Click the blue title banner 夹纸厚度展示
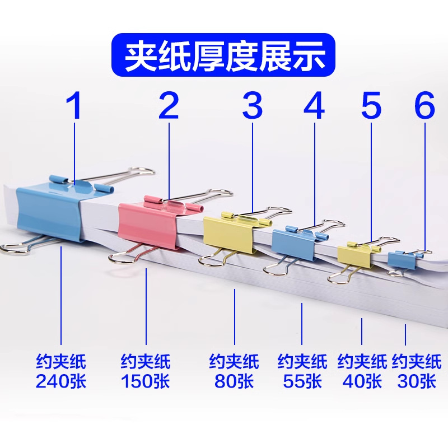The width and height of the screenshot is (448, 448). click(223, 55)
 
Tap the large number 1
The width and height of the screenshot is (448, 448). click(74, 106)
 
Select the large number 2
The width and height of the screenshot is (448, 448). click(169, 106)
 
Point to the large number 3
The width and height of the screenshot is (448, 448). click(253, 106)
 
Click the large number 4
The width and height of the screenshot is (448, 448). click(314, 106)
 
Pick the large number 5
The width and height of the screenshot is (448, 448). click(371, 106)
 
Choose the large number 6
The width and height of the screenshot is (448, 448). click(425, 106)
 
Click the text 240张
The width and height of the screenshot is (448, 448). click(61, 381)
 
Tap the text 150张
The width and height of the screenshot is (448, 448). click(146, 381)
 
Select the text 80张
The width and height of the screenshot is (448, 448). click(234, 381)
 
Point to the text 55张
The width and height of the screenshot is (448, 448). click(302, 381)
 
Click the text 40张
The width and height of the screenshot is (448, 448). click(362, 381)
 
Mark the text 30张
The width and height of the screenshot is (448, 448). click(416, 381)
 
